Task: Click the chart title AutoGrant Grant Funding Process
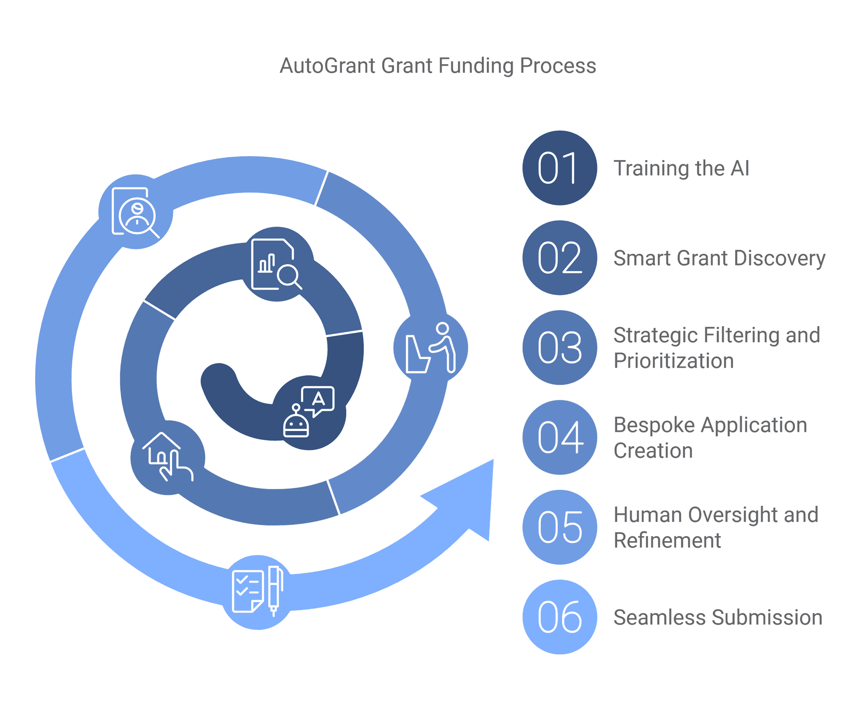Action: (x=437, y=66)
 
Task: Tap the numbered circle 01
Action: (x=560, y=168)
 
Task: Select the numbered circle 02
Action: (x=560, y=257)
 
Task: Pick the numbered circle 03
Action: (x=560, y=348)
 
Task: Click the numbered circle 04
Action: (x=560, y=437)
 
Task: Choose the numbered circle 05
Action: (x=560, y=527)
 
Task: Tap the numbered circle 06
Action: (x=560, y=617)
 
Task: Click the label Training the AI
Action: (x=681, y=168)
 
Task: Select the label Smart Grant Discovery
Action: (x=719, y=258)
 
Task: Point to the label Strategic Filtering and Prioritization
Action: (x=716, y=348)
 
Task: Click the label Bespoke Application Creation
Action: (x=710, y=437)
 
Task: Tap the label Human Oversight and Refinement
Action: (x=716, y=527)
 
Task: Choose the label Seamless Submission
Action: (x=718, y=617)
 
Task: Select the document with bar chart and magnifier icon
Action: (x=276, y=264)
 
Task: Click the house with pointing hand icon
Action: (x=168, y=457)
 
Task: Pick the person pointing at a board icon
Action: (x=431, y=348)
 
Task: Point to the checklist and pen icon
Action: (x=258, y=592)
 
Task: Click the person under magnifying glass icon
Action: (x=136, y=211)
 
